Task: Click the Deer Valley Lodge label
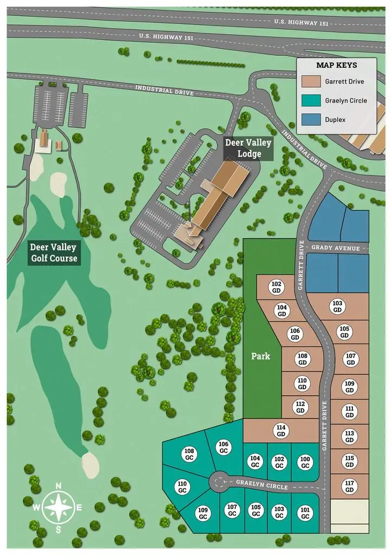[x=249, y=148]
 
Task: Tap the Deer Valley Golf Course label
[x=53, y=253]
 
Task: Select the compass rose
[x=58, y=507]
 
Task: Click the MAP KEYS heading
[x=336, y=65]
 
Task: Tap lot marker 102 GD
[x=276, y=287]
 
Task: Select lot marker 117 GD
[x=349, y=486]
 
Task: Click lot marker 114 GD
[x=280, y=431]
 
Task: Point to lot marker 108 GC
[x=189, y=454]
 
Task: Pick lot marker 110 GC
[x=182, y=487]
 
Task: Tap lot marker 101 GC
[x=304, y=512]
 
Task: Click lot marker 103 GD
[x=337, y=306]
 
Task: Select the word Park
[x=260, y=357]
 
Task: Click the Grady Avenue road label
[x=336, y=248]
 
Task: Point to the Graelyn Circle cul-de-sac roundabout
[x=218, y=481]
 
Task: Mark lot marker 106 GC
[x=224, y=447]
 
